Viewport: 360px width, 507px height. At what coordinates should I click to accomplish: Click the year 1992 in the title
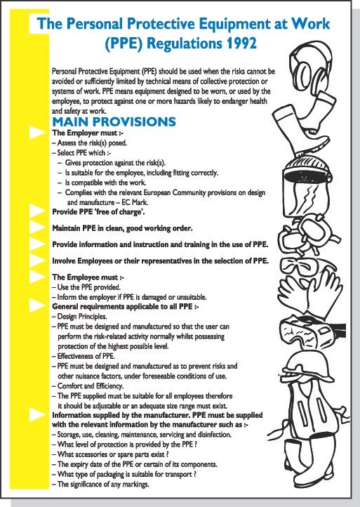240,44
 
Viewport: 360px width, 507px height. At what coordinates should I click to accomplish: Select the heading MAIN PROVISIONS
114,122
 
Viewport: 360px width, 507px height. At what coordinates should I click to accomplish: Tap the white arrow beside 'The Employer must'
37,132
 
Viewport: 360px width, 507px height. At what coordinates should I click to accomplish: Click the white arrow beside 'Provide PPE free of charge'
37,211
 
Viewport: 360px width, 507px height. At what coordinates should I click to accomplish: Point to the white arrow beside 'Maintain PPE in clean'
37,228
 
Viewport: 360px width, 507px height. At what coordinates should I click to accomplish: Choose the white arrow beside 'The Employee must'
37,277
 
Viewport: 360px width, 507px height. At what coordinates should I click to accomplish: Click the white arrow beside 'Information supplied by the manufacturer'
37,415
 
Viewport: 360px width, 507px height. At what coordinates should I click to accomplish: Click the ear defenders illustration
310,66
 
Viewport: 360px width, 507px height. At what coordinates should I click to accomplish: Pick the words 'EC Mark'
135,203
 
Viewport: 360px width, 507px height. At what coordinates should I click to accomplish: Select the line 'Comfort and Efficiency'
87,386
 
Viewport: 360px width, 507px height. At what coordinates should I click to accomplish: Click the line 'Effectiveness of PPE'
84,356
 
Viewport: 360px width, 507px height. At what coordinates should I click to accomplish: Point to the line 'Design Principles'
79,317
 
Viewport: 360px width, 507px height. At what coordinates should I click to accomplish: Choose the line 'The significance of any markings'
100,485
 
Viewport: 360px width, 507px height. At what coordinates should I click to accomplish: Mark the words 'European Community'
175,192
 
